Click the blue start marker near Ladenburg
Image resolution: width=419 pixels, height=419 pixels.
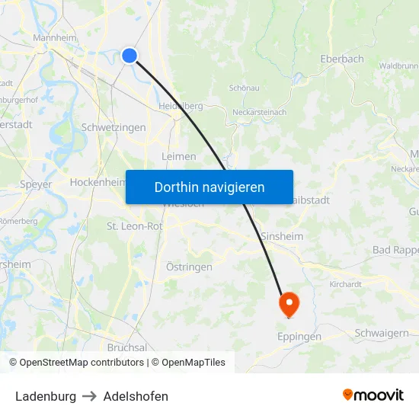tap(130, 55)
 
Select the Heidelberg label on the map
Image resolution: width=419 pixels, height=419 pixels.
tap(181, 106)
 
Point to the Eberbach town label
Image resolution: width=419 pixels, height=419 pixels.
tap(341, 59)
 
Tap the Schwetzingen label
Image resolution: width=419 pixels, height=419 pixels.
tap(114, 127)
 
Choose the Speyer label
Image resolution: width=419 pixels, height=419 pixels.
tap(36, 184)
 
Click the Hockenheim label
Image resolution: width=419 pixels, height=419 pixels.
tap(97, 183)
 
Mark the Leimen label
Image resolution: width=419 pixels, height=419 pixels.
tap(179, 156)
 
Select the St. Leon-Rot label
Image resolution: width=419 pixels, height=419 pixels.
tap(135, 226)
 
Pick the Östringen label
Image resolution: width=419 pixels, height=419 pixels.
tap(189, 267)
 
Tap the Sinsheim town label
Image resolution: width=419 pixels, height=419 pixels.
tap(282, 236)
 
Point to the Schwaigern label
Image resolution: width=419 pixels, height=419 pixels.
tap(382, 333)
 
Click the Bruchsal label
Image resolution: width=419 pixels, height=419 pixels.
tap(127, 347)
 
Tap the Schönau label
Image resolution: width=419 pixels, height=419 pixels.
tap(245, 88)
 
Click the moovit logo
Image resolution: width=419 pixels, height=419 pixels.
tap(373, 395)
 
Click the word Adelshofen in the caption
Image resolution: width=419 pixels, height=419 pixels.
tap(136, 396)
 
